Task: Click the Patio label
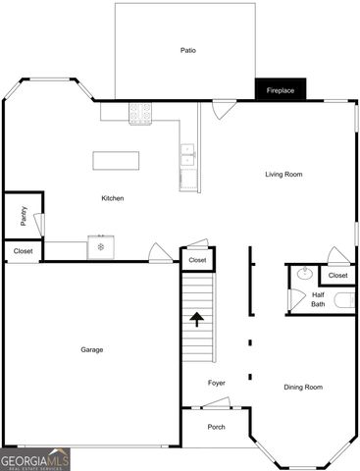(x=186, y=50)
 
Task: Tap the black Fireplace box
(x=282, y=90)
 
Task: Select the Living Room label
(x=283, y=175)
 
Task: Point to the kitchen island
(x=116, y=161)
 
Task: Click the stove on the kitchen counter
(x=141, y=115)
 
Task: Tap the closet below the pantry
(x=22, y=251)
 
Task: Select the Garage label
(x=92, y=349)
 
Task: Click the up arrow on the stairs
(x=196, y=318)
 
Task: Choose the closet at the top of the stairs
(x=197, y=260)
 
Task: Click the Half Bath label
(x=318, y=299)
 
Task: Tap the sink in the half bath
(x=303, y=275)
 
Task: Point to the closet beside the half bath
(x=337, y=276)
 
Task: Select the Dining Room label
(x=303, y=387)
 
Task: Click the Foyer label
(x=217, y=383)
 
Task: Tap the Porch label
(x=216, y=427)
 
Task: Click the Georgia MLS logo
(x=35, y=459)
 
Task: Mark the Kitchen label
(x=113, y=199)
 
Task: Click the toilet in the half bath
(x=342, y=300)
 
